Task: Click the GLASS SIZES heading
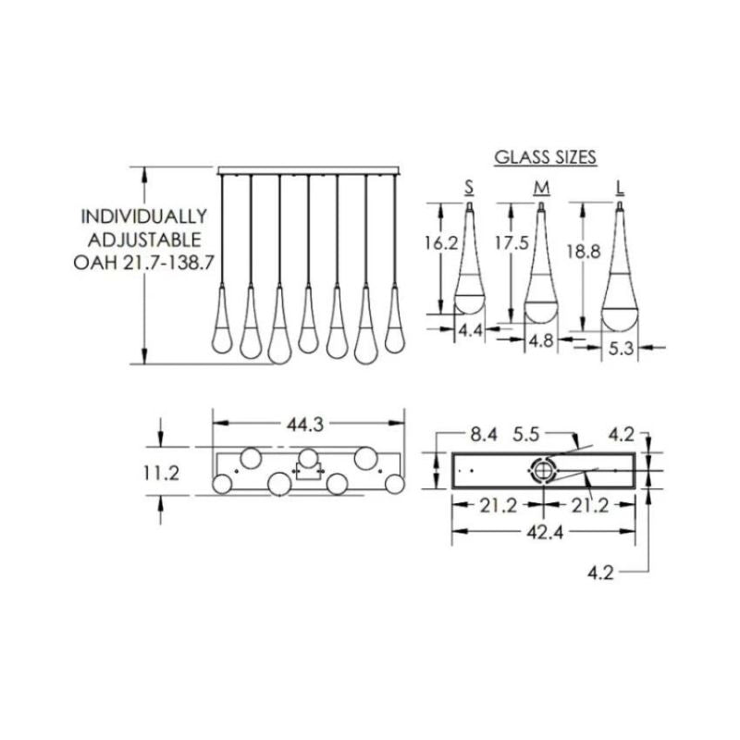[x=545, y=157]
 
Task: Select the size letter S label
[x=469, y=188]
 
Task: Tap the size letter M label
[x=542, y=188]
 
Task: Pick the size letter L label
[x=619, y=188]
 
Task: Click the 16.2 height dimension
[x=440, y=244]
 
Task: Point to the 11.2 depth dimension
[x=161, y=472]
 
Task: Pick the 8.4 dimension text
[x=484, y=432]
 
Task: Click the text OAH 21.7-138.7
[x=143, y=262]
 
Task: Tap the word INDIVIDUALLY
[x=143, y=216]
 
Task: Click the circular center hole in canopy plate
[x=543, y=471]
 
